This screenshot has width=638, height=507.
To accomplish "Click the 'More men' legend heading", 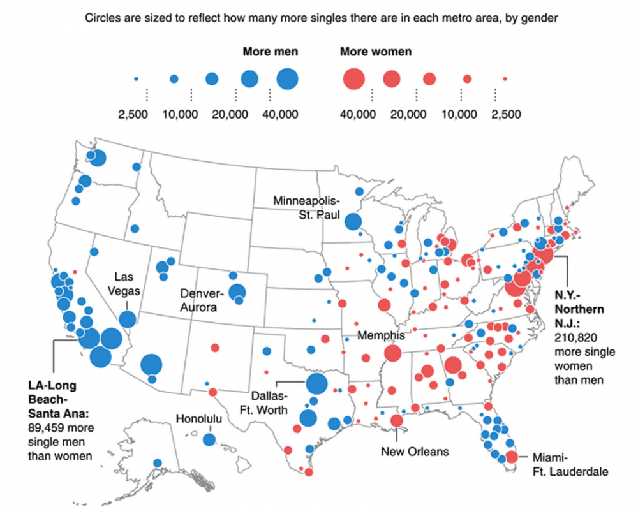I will pyautogui.click(x=270, y=52).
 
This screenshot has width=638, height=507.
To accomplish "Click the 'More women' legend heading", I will pyautogui.click(x=375, y=52).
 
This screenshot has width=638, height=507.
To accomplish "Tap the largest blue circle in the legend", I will pyautogui.click(x=288, y=79).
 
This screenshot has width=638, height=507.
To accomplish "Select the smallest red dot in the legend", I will pyautogui.click(x=505, y=79).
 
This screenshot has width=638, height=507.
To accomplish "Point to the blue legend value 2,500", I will pyautogui.click(x=133, y=115).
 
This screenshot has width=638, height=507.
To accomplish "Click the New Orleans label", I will pyautogui.click(x=415, y=452).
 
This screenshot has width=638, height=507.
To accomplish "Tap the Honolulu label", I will pyautogui.click(x=198, y=419).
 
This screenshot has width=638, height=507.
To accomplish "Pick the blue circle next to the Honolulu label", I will pyautogui.click(x=209, y=439).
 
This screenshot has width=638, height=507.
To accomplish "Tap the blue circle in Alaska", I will pyautogui.click(x=157, y=463).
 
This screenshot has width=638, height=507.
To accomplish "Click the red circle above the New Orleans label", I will pyautogui.click(x=396, y=421).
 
